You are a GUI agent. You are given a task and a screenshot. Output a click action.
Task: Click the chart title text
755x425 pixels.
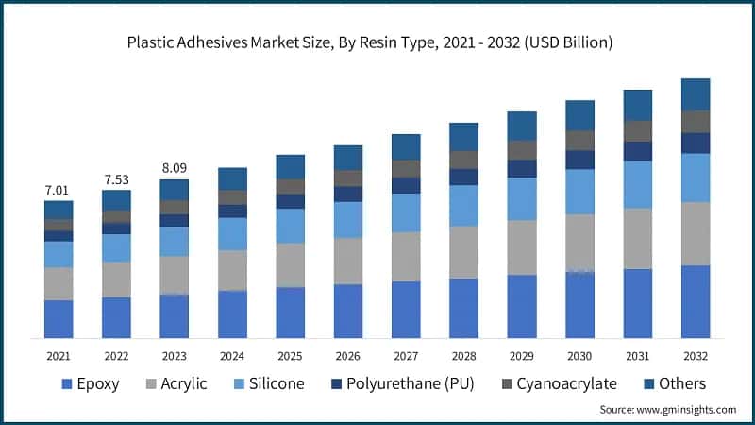[377, 42]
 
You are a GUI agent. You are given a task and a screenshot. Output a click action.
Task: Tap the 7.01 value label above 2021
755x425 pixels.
[59, 192]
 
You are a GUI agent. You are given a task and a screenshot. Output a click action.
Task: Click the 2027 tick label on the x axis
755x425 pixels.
[406, 356]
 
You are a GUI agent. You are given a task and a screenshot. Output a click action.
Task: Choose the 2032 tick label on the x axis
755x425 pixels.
[695, 356]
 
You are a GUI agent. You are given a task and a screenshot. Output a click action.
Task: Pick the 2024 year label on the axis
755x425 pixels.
[232, 356]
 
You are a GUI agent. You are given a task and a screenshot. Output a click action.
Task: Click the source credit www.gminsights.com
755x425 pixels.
[667, 410]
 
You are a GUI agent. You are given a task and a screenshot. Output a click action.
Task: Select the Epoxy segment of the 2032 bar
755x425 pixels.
[695, 301]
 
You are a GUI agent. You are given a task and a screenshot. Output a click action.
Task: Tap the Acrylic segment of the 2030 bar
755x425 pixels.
[579, 243]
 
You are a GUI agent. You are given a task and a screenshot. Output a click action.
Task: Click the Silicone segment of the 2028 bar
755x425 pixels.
[463, 205]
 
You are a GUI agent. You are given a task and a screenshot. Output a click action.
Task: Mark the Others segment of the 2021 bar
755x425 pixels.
[59, 210]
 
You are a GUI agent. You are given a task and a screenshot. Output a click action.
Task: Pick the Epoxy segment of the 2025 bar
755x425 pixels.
[290, 313]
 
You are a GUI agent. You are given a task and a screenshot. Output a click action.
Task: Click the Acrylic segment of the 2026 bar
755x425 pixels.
[348, 261]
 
